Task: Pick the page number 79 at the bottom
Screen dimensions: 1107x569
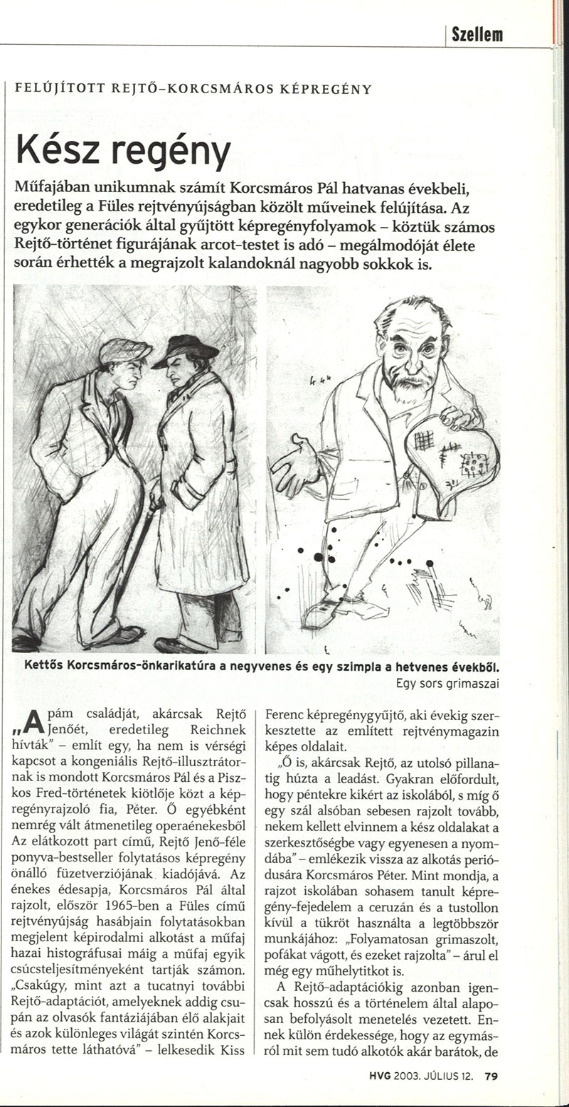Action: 491,1076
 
